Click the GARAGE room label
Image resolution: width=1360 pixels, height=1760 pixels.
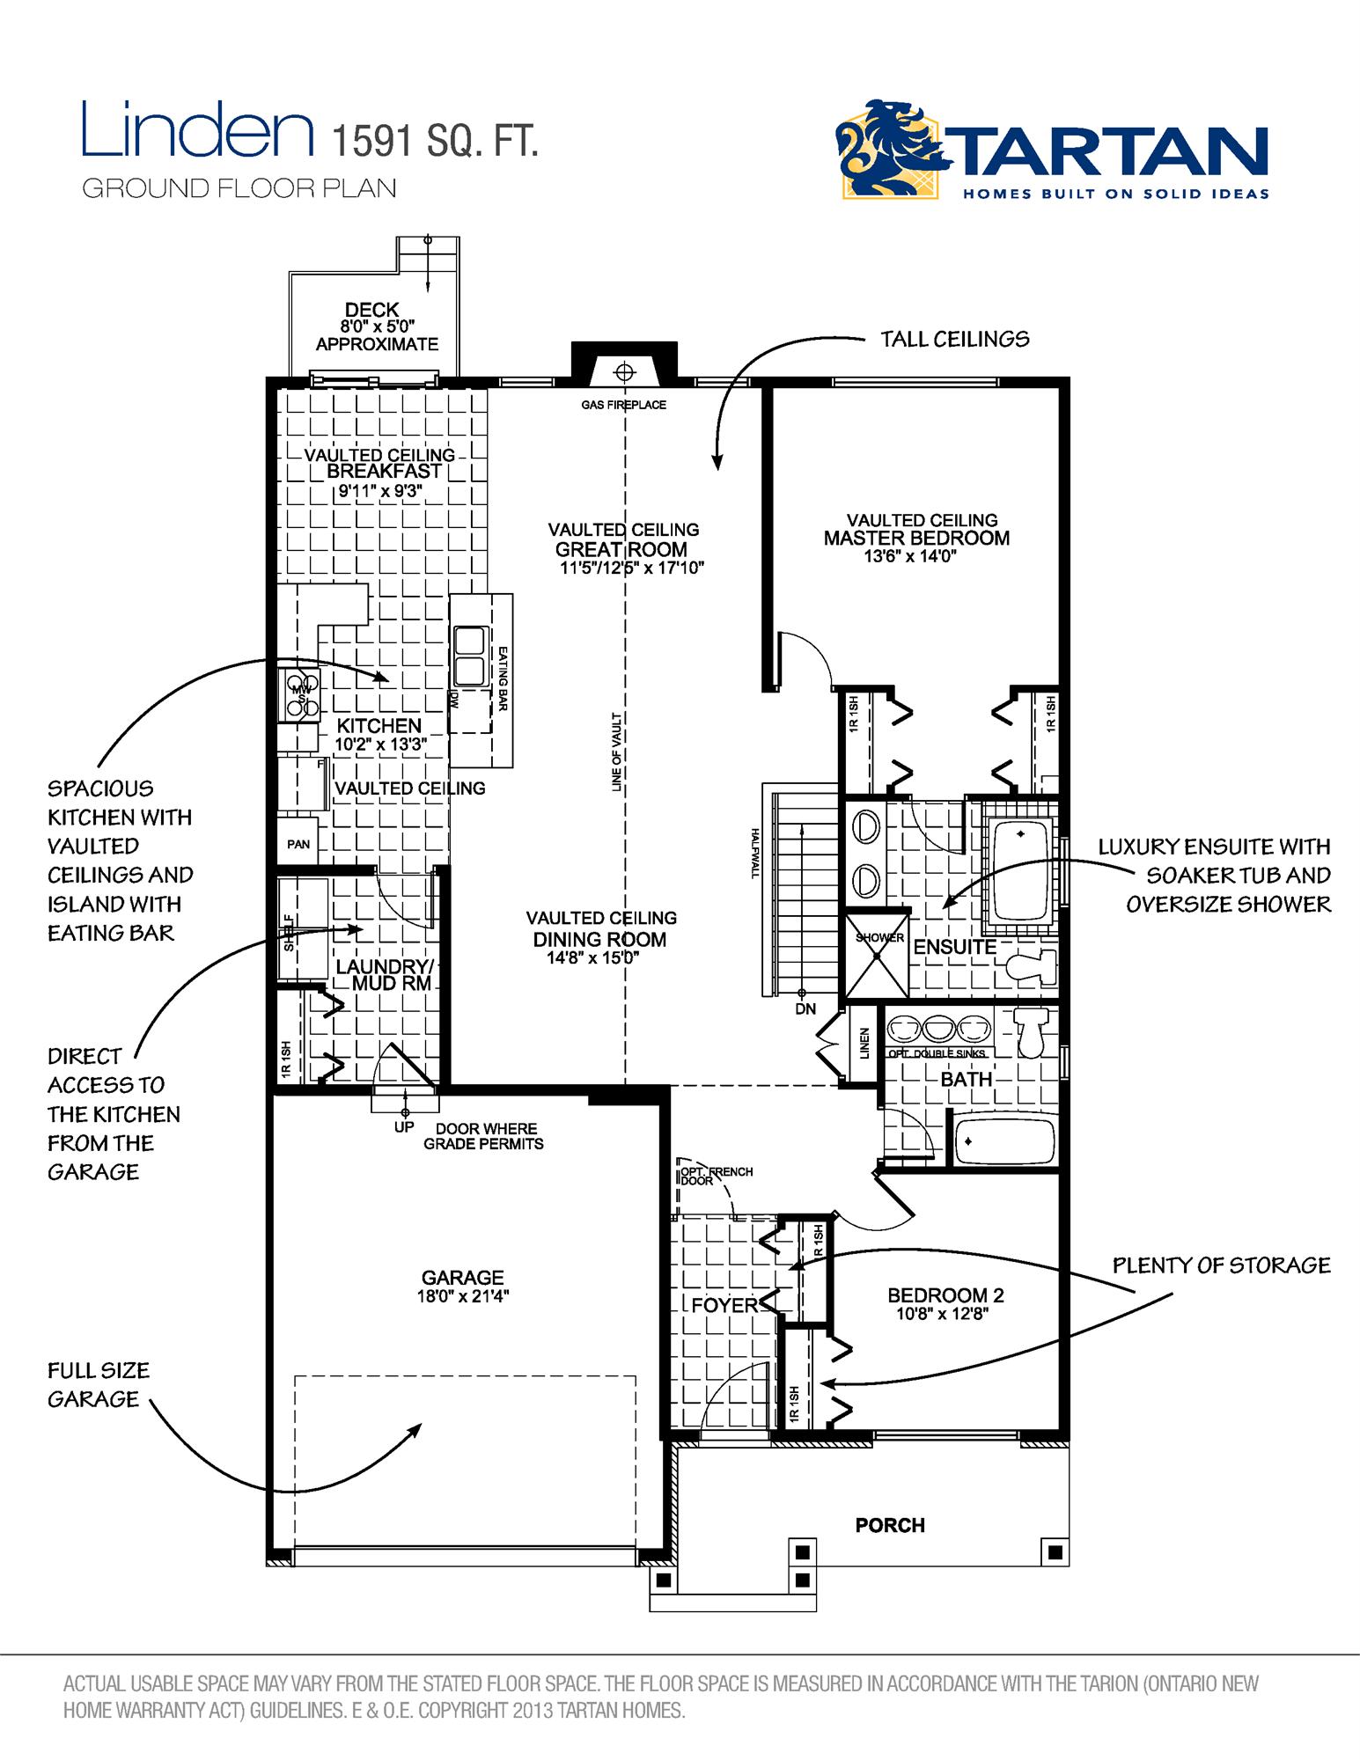click(x=462, y=1277)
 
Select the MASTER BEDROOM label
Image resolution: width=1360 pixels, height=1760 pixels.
click(x=916, y=538)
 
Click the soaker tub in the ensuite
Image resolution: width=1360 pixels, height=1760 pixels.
click(x=1019, y=867)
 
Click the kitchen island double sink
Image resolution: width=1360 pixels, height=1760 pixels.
click(x=469, y=655)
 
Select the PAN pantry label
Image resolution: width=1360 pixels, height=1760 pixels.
click(x=298, y=844)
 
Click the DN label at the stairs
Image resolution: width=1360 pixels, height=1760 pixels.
click(x=805, y=1009)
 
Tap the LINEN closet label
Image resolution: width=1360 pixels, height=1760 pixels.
click(x=864, y=1043)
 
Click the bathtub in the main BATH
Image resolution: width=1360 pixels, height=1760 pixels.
click(x=1003, y=1140)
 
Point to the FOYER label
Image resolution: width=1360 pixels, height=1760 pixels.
click(x=724, y=1305)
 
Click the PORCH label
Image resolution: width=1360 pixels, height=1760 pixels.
click(x=890, y=1525)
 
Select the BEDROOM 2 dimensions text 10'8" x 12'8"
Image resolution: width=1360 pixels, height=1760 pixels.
click(x=945, y=1315)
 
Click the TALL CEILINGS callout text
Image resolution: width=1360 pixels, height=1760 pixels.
click(x=954, y=340)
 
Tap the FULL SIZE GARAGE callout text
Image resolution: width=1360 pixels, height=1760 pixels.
click(x=99, y=1384)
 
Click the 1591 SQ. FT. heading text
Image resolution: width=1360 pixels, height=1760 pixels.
click(x=433, y=141)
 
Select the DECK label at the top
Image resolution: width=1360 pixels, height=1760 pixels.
click(x=371, y=310)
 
